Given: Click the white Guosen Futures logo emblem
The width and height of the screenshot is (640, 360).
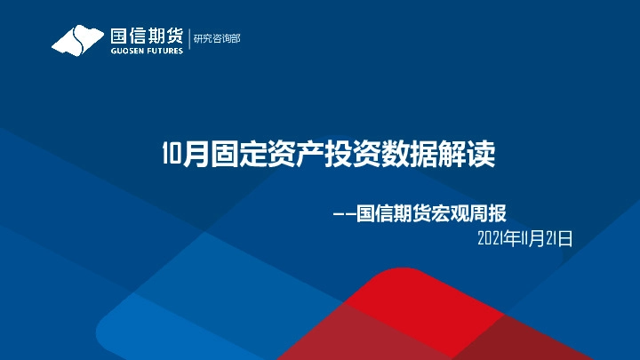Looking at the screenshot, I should coord(78,41).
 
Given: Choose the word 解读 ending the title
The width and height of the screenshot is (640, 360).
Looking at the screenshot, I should coord(468,155).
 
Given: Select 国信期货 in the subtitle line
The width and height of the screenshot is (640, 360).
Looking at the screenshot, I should coord(395,213).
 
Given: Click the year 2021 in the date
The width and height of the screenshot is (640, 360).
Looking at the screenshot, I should coord(491,237).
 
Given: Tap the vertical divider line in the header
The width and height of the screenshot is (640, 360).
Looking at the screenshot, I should coord(188,39).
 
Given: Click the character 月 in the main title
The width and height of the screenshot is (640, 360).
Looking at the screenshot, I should coord(195,155).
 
